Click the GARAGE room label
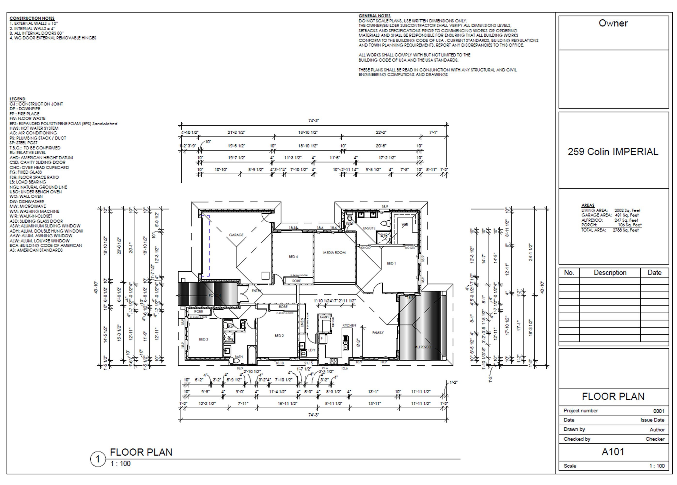coord(236,235)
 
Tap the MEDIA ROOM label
coord(334,252)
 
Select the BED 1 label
coord(391,263)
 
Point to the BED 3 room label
coord(204,339)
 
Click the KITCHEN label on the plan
coord(349,325)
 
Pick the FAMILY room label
coord(378,332)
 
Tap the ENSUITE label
coord(369,228)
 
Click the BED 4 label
coord(293,257)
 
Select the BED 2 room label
coord(279,336)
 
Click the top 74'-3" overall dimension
coord(314,121)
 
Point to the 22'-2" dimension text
coord(381,132)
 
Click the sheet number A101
coord(613,452)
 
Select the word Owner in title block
coord(613,23)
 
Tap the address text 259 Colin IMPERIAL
coord(613,152)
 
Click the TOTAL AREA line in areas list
coord(610,230)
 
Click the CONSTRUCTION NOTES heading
coord(32,18)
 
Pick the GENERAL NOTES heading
coord(374,16)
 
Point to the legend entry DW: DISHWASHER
coord(27,202)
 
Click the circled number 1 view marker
coord(98,459)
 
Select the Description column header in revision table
coord(610,273)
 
